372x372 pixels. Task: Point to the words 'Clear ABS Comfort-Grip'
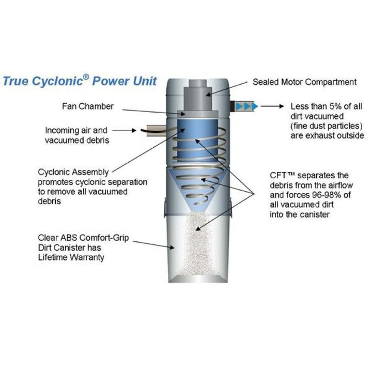click(83, 238)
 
